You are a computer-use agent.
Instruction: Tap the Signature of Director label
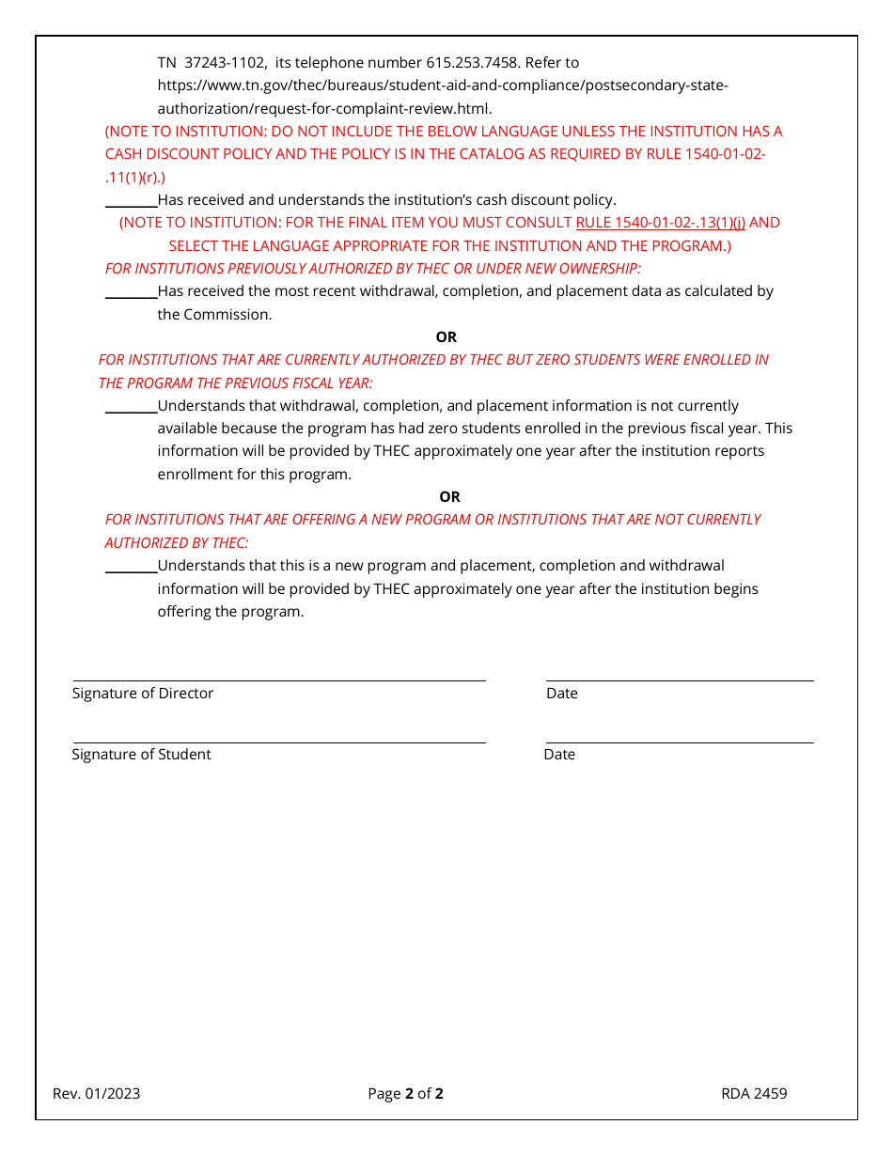[143, 694]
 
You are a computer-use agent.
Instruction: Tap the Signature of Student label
[141, 755]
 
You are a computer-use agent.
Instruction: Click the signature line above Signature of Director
[279, 680]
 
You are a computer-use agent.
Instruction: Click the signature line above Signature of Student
[279, 742]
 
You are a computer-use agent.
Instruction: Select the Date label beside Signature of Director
[562, 694]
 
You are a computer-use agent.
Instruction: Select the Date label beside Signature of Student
[559, 755]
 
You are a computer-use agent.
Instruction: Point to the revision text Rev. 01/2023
[97, 1093]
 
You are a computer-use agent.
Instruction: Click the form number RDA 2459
[754, 1093]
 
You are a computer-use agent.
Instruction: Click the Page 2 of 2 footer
[405, 1093]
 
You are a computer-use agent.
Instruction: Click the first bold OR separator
[446, 337]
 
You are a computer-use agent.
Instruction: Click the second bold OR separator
[449, 497]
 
